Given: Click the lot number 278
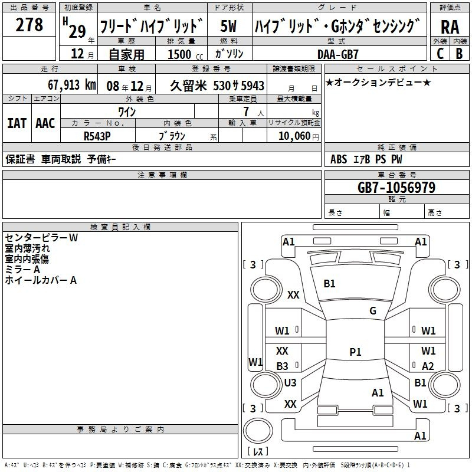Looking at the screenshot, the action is [x=29, y=24].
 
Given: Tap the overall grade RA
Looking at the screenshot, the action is [x=450, y=27].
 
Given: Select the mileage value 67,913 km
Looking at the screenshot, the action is [x=72, y=85].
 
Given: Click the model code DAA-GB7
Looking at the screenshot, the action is [x=337, y=54].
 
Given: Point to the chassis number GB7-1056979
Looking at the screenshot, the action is [x=396, y=188].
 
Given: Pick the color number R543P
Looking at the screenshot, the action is [x=97, y=136].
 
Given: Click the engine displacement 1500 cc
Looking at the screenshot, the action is [x=185, y=54].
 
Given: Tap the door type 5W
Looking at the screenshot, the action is [x=229, y=26].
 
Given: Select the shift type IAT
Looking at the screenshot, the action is [x=17, y=123].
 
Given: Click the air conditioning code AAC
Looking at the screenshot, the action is [x=45, y=123].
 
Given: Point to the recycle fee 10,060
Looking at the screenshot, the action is [x=294, y=136].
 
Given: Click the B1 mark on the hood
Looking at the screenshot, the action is [x=329, y=284].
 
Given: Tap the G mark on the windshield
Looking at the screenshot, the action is [x=373, y=311].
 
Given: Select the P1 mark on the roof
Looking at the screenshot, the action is [x=355, y=352].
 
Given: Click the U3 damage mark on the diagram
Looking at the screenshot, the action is [x=290, y=382].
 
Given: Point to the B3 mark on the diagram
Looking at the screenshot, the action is [x=283, y=366].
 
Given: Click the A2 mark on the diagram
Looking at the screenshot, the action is [x=428, y=366].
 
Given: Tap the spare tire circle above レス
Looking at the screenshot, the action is [x=258, y=431].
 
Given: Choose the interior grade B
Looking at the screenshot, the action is [x=459, y=54].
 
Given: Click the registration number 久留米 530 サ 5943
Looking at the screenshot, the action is [x=217, y=86].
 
